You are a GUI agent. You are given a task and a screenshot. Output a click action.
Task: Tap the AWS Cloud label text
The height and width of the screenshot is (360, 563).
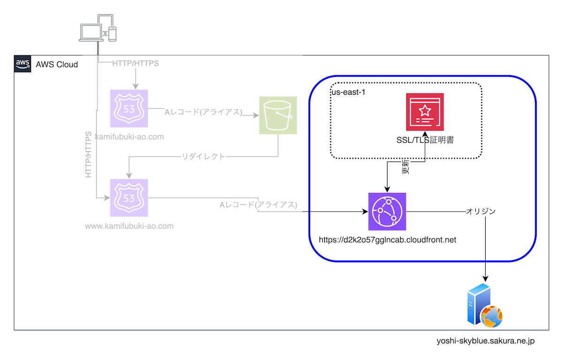pos(57,64)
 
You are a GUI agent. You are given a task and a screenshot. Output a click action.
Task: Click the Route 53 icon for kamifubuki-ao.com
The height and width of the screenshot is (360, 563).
pos(129,108)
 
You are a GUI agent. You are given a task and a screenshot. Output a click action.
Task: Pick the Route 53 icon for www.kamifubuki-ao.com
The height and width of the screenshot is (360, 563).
pos(129,198)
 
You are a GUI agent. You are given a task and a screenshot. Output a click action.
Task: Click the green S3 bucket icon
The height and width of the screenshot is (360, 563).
pos(278,115)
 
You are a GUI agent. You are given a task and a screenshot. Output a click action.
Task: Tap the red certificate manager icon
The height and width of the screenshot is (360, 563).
pos(425,112)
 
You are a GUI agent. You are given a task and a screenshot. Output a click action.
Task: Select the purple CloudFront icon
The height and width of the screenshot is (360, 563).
pos(387,212)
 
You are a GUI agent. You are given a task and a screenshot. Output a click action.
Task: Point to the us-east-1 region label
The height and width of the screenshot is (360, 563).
pos(348,92)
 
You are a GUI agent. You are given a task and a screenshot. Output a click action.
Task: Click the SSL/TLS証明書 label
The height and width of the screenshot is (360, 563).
pos(425,139)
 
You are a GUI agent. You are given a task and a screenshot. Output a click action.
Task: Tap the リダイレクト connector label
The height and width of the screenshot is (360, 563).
pos(204,156)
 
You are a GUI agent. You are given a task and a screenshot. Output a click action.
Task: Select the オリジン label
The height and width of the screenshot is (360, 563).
pos(480,211)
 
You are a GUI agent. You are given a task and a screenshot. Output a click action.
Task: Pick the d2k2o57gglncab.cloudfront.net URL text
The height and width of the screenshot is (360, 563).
pos(387,240)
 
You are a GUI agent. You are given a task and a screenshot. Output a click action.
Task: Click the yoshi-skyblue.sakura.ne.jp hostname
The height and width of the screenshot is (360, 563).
pos(486,341)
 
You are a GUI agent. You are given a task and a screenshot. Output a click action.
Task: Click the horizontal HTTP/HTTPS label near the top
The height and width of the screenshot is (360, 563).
pos(135,63)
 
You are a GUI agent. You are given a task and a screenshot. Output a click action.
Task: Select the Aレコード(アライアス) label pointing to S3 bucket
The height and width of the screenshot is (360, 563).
pos(203,112)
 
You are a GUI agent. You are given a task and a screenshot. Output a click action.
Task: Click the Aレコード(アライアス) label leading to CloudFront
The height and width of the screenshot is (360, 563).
pos(259,205)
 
